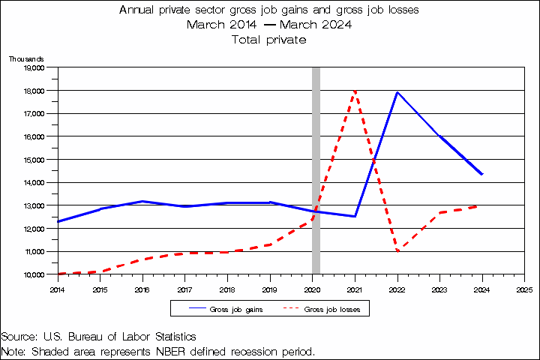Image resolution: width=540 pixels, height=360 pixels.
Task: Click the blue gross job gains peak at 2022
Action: click(397, 92)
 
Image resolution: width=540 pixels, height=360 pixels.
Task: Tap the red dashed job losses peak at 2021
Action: click(354, 91)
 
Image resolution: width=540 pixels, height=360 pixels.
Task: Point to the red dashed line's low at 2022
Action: click(397, 252)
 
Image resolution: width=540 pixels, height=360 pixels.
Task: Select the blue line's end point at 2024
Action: click(481, 175)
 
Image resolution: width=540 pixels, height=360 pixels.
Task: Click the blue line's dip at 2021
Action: click(354, 216)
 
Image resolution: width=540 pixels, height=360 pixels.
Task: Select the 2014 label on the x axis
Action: click(58, 287)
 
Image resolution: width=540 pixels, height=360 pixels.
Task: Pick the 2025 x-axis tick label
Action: click(524, 287)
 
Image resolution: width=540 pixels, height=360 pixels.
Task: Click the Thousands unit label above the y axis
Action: click(26, 58)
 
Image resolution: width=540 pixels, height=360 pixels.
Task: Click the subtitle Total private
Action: click(269, 40)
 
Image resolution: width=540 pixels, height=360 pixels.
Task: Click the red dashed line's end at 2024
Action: click(481, 205)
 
